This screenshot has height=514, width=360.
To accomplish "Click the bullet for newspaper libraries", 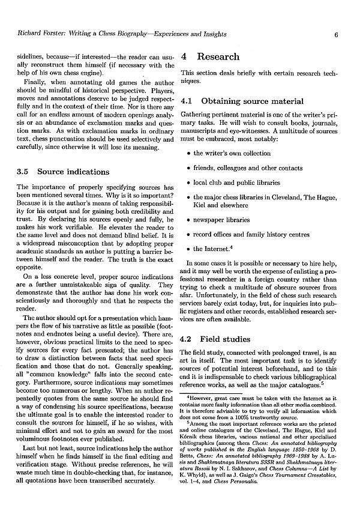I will tap(188, 220).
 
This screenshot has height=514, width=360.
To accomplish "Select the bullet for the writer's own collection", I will tap(188, 153).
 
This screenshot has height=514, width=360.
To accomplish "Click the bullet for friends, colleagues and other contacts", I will tap(188, 168).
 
